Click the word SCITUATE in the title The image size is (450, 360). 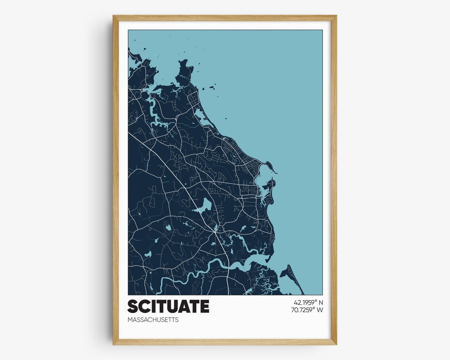(168, 306)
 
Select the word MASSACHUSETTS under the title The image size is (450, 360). (153, 320)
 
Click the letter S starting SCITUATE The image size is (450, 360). (133, 306)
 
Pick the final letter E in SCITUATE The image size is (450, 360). (204, 306)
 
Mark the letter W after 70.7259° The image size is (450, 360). (320, 310)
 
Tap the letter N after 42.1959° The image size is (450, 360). (320, 302)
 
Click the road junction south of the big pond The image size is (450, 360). (215, 230)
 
